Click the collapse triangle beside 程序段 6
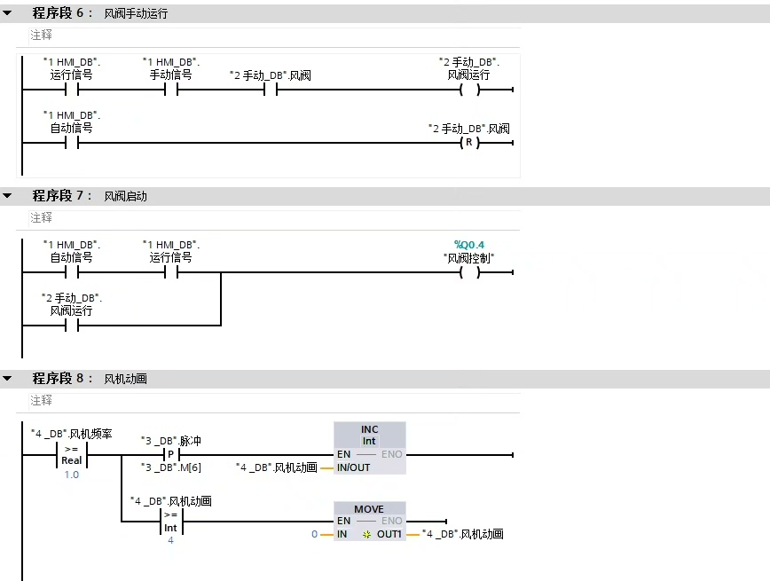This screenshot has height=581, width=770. (x=7, y=13)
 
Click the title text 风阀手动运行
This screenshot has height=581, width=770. (x=136, y=14)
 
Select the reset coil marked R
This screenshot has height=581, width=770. (x=469, y=143)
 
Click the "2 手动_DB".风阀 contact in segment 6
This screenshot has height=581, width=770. (x=271, y=90)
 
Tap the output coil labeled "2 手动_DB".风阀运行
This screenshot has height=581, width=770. (x=469, y=90)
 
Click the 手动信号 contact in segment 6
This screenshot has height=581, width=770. (x=171, y=90)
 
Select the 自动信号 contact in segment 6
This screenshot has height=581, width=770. (x=72, y=143)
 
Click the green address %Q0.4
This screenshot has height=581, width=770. (x=469, y=244)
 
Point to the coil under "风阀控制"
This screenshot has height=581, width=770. (x=469, y=272)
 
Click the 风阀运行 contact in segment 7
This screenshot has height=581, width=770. (x=72, y=326)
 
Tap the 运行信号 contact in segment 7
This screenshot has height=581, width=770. (x=171, y=272)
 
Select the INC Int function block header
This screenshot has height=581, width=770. (x=369, y=435)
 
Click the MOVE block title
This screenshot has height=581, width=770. (x=369, y=509)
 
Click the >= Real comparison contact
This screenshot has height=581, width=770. (x=72, y=454)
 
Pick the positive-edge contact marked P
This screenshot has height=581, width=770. (x=171, y=454)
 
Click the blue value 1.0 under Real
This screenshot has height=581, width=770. (x=72, y=475)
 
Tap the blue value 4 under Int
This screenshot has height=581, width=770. (x=170, y=540)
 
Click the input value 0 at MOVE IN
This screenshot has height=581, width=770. (x=314, y=534)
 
